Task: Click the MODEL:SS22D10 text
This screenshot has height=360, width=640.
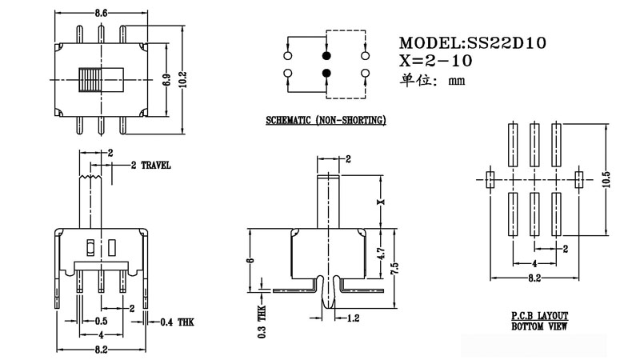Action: [x=472, y=42]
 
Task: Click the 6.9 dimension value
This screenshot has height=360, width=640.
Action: [x=166, y=80]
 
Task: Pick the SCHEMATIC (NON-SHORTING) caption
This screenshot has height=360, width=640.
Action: [x=326, y=120]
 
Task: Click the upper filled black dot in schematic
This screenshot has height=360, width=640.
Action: [x=326, y=56]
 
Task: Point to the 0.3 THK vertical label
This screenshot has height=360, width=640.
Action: [x=261, y=322]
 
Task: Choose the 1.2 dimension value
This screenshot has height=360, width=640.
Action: [x=353, y=318]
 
